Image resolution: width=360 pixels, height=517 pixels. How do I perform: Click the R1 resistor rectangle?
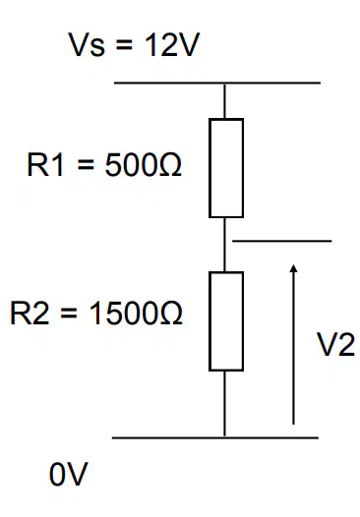coord(210,168)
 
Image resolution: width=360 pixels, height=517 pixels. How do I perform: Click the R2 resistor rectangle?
coord(210,321)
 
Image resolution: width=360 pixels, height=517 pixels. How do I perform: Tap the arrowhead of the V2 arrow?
coord(293,268)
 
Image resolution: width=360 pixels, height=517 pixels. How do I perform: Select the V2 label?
coord(336,345)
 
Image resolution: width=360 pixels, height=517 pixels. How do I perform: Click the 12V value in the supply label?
coord(172,45)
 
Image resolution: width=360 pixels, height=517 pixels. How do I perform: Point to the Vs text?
coord(87,45)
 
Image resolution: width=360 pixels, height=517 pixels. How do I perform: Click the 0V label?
coord(69,474)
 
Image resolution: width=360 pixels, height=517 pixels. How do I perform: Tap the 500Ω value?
coord(143,165)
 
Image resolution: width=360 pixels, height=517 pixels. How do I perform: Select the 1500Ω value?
coord(136,314)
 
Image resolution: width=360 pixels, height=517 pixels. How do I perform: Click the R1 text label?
coord(45,165)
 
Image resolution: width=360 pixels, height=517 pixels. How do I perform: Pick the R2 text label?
coord(30,314)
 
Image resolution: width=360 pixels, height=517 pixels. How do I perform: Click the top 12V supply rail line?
coord(217,83)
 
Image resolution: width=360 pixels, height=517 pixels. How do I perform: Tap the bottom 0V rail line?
coord(215,437)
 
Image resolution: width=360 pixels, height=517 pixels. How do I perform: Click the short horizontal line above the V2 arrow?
coord(281,241)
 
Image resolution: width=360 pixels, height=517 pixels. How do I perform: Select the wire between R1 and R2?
coord(224,245)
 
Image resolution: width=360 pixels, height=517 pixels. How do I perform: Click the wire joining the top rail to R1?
coord(224,101)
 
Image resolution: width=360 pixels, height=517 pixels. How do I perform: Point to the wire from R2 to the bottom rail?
coord(224,404)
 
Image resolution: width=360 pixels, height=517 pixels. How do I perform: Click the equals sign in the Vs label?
coord(124,46)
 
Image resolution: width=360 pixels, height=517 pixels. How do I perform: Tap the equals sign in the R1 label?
coord(86,166)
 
